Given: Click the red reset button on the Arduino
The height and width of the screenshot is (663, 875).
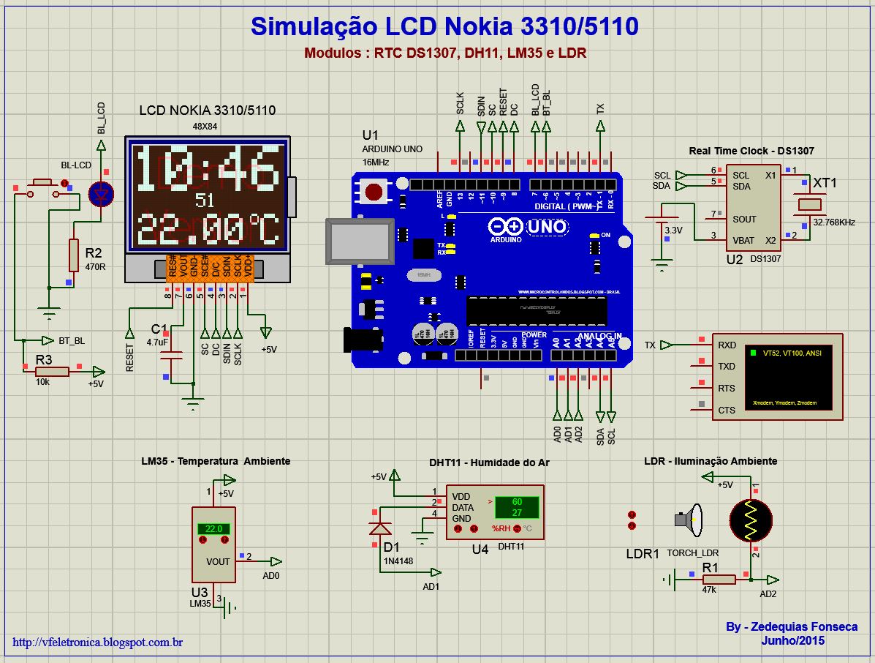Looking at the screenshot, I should click(x=374, y=192).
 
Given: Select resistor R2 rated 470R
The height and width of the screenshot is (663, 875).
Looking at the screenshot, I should click(x=73, y=255).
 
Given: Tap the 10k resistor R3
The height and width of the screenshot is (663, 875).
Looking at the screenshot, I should click(x=52, y=372).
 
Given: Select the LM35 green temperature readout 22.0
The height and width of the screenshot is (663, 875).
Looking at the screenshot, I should click(x=213, y=529).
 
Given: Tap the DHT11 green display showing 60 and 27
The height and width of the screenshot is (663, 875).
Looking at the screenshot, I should click(x=516, y=506).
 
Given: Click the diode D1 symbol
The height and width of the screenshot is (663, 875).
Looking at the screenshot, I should click(x=379, y=528).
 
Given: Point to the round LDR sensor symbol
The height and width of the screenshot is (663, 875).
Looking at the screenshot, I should click(x=750, y=520).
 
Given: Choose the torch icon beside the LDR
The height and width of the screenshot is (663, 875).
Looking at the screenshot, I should click(x=689, y=520).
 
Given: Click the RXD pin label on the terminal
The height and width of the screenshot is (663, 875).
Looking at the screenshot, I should click(x=727, y=345).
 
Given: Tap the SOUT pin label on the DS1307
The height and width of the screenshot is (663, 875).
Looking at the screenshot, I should click(x=745, y=219).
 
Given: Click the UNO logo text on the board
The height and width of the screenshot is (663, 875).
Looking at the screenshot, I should click(x=548, y=227).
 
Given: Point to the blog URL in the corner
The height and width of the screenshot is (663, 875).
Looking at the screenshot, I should click(x=98, y=643).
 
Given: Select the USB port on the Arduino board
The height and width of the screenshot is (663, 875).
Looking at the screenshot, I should click(x=360, y=242).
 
